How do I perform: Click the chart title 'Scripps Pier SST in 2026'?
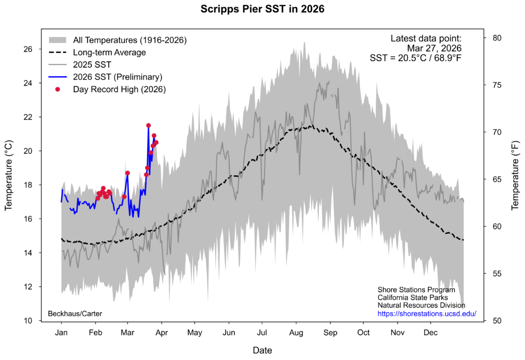[262, 9]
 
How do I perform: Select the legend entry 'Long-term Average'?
[109, 52]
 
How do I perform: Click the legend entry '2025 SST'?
[92, 65]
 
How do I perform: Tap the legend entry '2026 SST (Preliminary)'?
[117, 77]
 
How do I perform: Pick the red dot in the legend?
[58, 89]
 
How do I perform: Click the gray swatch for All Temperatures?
[58, 40]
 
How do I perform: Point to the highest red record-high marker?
[148, 125]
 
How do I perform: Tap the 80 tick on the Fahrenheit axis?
[497, 38]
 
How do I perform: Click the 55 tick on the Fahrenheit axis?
[497, 274]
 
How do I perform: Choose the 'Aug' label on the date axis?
[296, 332]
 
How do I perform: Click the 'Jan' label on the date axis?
[62, 332]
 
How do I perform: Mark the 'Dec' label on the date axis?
[431, 332]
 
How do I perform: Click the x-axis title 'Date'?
[262, 351]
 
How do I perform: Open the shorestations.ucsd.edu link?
[427, 313]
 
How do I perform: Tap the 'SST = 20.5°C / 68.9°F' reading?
[415, 58]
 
